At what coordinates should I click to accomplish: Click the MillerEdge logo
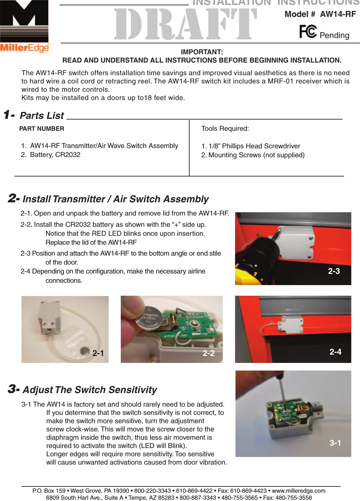click(24, 26)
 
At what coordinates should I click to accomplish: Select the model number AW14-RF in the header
click(338, 14)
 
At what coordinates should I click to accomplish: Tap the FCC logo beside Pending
click(308, 32)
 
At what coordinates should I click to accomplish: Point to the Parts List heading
click(42, 116)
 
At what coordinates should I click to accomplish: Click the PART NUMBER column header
click(42, 129)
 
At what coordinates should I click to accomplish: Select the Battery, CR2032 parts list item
click(55, 155)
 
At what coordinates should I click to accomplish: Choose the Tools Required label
click(225, 128)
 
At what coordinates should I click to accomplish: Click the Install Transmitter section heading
click(115, 199)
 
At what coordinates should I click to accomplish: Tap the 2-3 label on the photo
click(334, 271)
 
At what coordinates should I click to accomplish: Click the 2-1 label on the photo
click(98, 353)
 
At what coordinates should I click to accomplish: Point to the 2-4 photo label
click(335, 352)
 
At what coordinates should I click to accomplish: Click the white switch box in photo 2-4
click(291, 324)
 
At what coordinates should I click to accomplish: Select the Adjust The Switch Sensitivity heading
click(90, 390)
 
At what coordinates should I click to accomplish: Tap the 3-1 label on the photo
click(335, 443)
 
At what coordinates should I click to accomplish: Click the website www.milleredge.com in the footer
click(298, 491)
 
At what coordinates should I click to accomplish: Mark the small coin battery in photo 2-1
click(85, 351)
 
